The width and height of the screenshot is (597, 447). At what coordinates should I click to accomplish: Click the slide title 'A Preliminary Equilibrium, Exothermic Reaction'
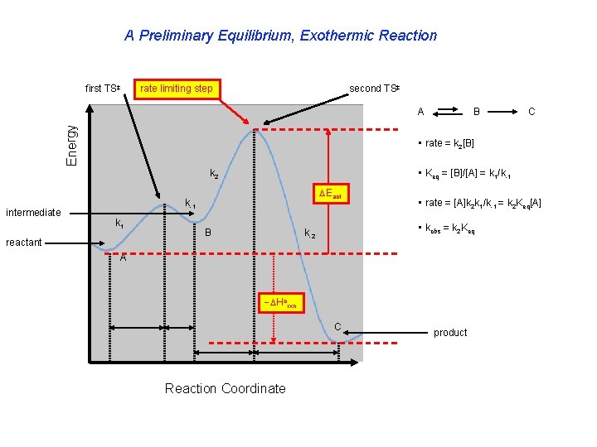point(280,36)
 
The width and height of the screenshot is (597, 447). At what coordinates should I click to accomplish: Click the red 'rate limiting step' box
point(177,89)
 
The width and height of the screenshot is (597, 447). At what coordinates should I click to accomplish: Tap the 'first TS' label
point(104,89)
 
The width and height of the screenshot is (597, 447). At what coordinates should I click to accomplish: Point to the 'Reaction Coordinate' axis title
point(225,388)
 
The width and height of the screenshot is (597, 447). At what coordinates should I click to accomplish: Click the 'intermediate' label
point(33,213)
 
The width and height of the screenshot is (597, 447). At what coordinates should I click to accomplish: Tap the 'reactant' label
point(23,243)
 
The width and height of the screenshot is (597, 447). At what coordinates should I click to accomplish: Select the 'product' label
point(450,333)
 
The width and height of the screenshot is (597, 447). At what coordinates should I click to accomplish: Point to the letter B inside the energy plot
point(208,233)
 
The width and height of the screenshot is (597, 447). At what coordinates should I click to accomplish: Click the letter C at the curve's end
point(337,324)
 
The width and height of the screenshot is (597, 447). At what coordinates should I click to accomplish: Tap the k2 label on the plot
point(214,175)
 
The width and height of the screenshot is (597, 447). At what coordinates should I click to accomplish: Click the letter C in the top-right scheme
point(531,109)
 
